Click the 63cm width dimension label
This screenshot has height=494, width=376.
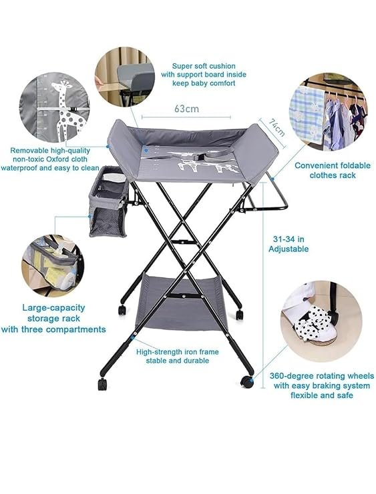pos(186,109)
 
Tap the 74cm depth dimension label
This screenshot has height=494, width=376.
pos(276,127)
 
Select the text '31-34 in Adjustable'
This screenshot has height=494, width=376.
pos(289,244)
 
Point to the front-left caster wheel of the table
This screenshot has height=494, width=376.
pos(102,384)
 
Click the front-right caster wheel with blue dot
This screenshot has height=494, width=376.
pos(247,382)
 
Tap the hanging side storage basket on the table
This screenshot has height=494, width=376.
pos(109,201)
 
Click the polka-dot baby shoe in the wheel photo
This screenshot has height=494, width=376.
pos(313,322)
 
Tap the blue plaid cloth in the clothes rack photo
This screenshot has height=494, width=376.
pos(307,114)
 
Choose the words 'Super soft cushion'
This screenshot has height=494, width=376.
pos(204,66)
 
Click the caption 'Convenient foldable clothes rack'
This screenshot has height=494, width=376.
pos(333,170)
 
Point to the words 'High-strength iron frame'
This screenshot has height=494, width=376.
pos(178,351)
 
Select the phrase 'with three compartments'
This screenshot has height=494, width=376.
pos(53,329)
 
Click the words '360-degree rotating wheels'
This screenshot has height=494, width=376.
pos(322,376)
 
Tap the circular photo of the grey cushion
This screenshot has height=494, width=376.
pos(125,77)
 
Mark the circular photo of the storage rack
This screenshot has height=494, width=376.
pos(53,265)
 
